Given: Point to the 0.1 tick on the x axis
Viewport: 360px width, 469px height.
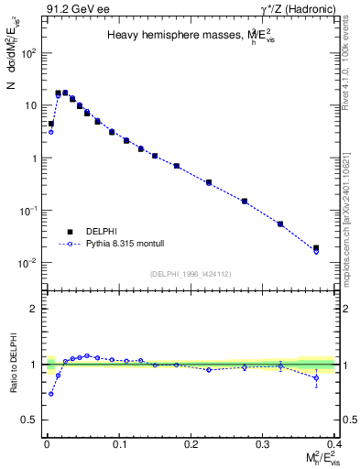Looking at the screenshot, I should coord(117,444).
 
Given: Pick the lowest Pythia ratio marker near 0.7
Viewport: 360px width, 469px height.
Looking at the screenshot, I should coord(51,394).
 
